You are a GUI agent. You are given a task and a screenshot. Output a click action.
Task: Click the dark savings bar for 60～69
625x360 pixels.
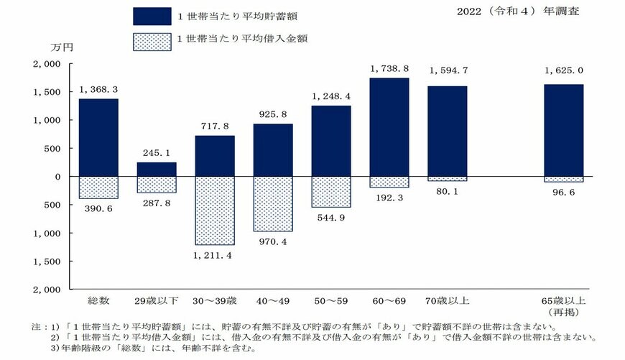point(389,127)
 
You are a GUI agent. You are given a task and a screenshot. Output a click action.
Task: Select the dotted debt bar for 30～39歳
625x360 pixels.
point(215,211)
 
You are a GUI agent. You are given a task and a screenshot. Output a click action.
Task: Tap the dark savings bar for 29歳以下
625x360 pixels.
point(157,170)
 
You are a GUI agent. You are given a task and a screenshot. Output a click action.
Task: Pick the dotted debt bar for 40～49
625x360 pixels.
point(273,204)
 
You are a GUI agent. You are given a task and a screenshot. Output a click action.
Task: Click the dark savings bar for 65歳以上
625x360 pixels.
point(563,131)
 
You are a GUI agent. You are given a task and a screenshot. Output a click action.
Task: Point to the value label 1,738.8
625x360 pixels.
point(389,69)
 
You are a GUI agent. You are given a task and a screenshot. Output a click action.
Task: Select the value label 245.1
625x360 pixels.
point(157,153)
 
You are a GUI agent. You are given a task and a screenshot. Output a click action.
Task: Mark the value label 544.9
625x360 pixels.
point(331,218)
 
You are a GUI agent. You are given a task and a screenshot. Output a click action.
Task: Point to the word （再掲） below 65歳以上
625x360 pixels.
point(563,313)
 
